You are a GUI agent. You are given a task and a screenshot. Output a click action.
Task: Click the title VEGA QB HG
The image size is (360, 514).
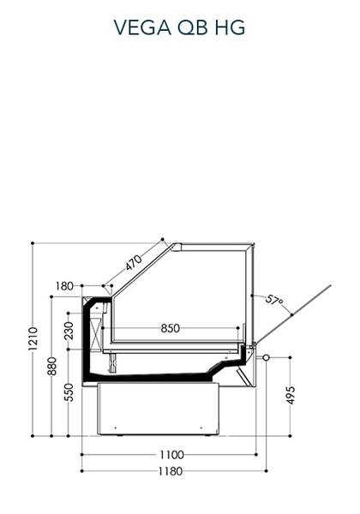pos(179,27)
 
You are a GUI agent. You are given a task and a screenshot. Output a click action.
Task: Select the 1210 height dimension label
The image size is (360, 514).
pos(33,338)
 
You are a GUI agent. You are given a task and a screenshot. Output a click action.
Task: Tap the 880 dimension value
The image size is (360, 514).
pos(52,366)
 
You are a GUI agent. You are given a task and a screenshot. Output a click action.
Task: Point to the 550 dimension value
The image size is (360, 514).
pos(69,392)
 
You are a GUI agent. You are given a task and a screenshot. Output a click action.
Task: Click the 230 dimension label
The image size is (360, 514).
pos(69,331)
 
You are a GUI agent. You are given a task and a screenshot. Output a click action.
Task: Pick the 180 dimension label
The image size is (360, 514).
pos(64,286)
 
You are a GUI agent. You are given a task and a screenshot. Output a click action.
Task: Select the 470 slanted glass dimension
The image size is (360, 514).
pos(134,263)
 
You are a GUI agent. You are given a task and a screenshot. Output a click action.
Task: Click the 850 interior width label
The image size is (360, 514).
pos(171,328)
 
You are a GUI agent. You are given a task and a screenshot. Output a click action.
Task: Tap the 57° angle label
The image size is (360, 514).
pos(274,301)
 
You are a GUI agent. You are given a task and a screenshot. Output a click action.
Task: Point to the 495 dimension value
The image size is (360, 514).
pos(291,395)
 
